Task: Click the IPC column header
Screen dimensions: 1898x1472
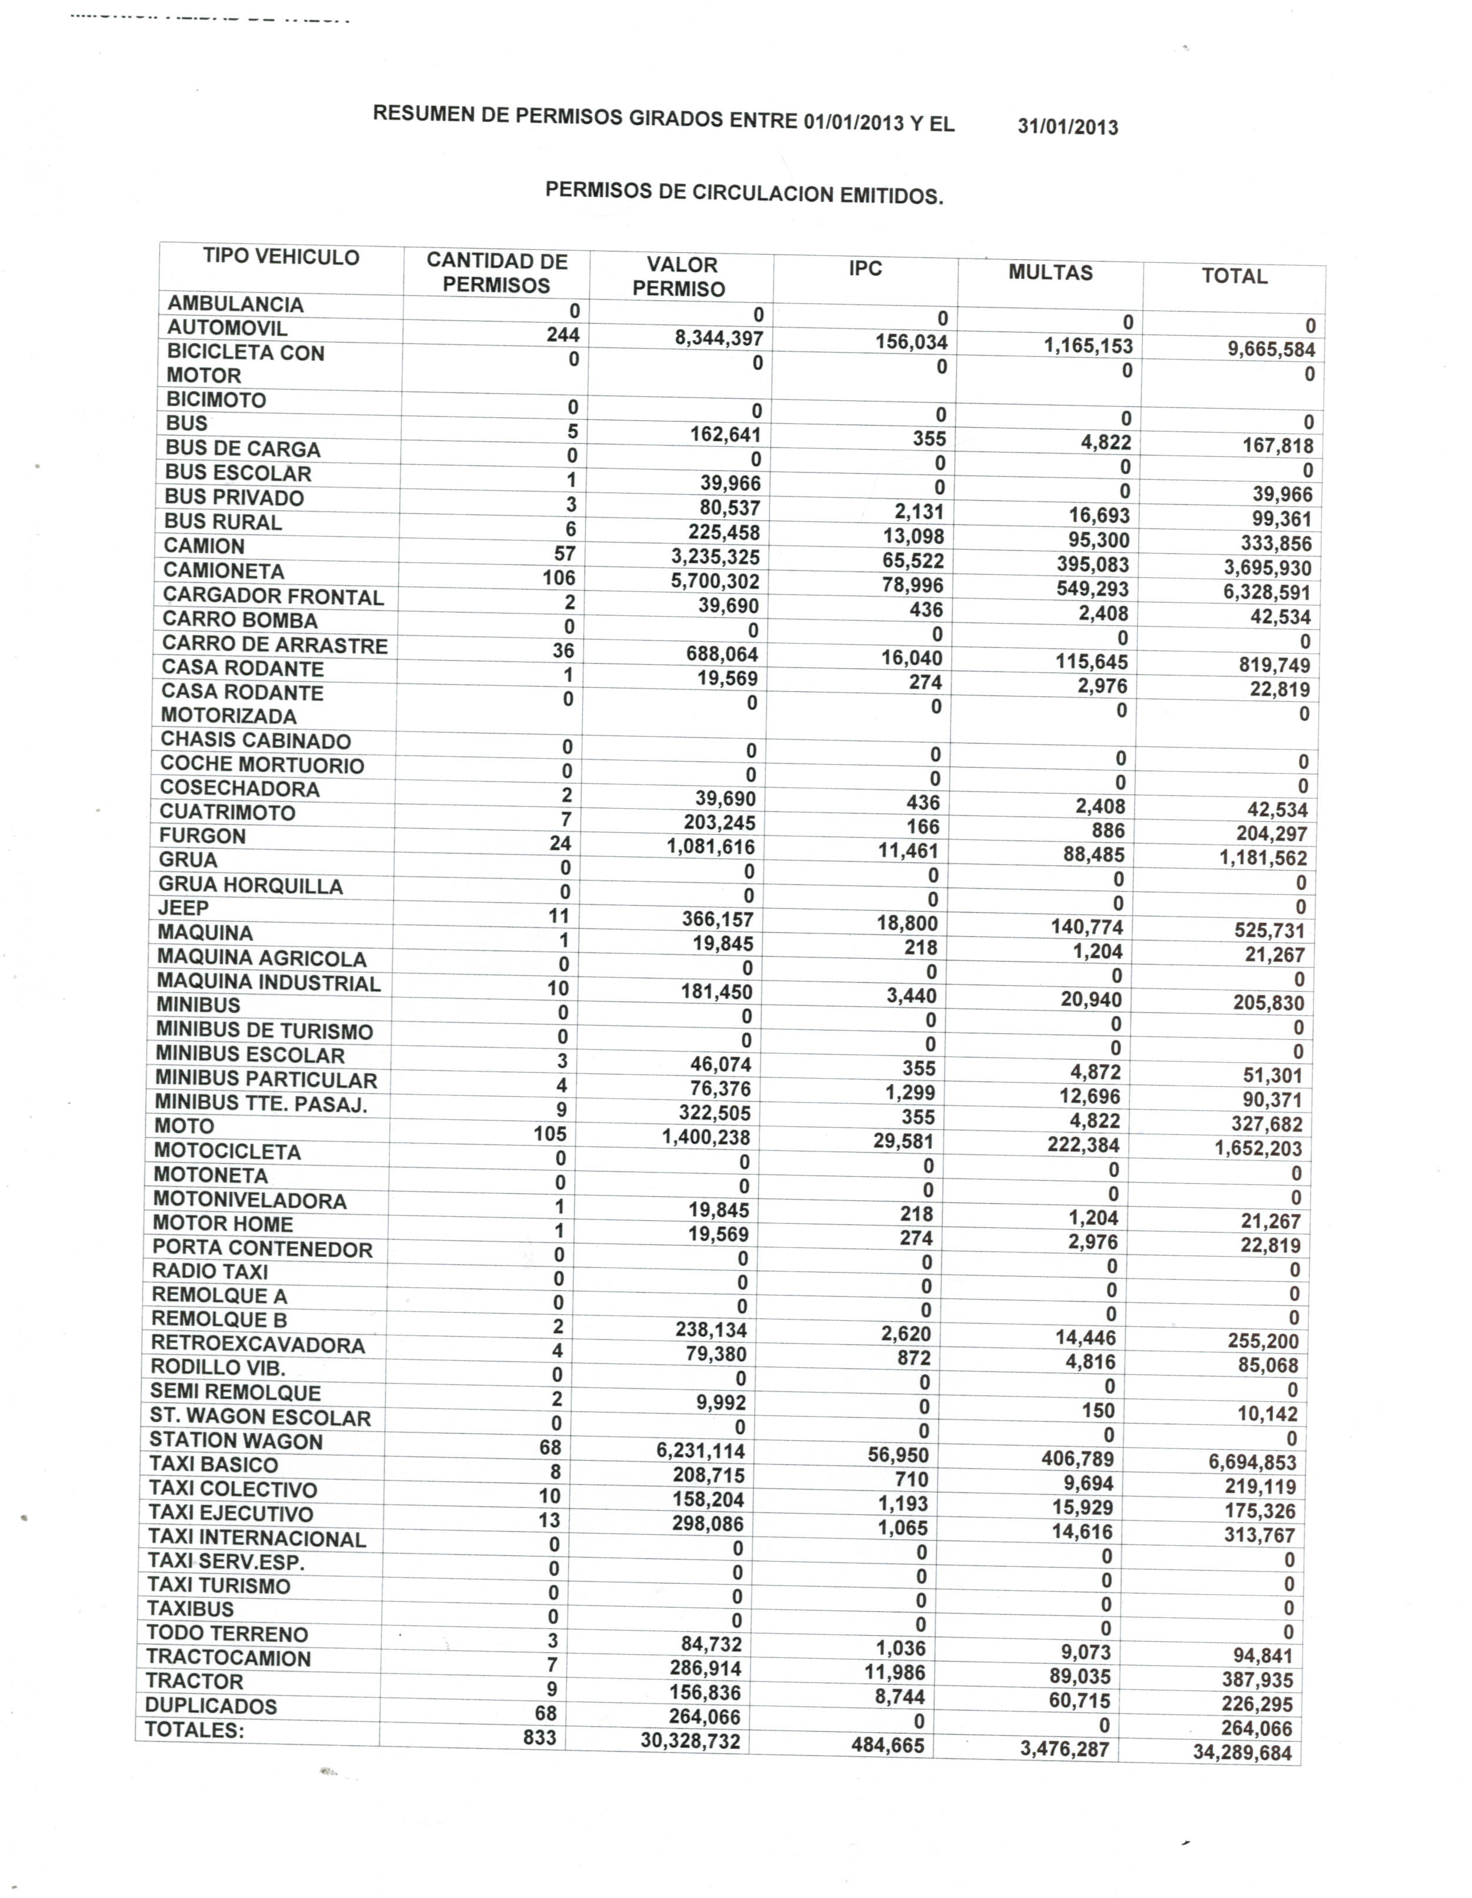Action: (x=865, y=269)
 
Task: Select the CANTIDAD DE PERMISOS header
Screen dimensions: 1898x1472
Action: (x=496, y=273)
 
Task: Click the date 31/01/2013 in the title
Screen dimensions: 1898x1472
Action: (x=1068, y=127)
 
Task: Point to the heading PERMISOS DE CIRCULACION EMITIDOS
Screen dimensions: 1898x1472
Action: (x=745, y=193)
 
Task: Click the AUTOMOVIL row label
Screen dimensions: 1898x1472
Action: (x=227, y=329)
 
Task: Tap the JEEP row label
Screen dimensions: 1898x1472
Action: (x=183, y=908)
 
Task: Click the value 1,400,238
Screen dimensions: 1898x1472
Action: (x=706, y=1137)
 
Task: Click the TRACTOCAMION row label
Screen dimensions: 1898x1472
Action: (x=228, y=1658)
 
